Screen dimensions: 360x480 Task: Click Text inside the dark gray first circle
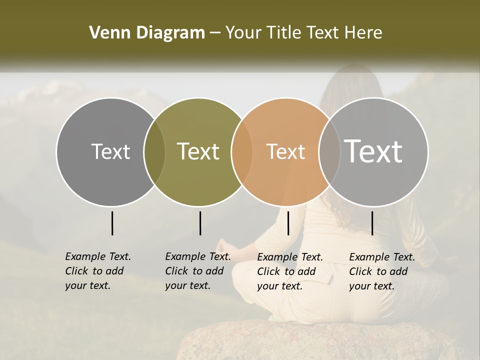click(x=110, y=151)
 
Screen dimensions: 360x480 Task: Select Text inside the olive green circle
click(x=198, y=151)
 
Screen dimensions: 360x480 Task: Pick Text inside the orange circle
click(x=285, y=151)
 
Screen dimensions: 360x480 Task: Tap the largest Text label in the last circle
click(x=373, y=151)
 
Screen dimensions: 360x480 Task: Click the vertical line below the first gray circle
click(x=112, y=223)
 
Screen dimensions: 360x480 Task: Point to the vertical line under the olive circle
click(x=200, y=223)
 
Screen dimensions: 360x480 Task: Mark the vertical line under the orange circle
click(x=288, y=223)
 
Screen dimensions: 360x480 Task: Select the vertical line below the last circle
click(x=372, y=223)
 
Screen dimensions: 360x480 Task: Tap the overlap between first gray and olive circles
click(x=154, y=151)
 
